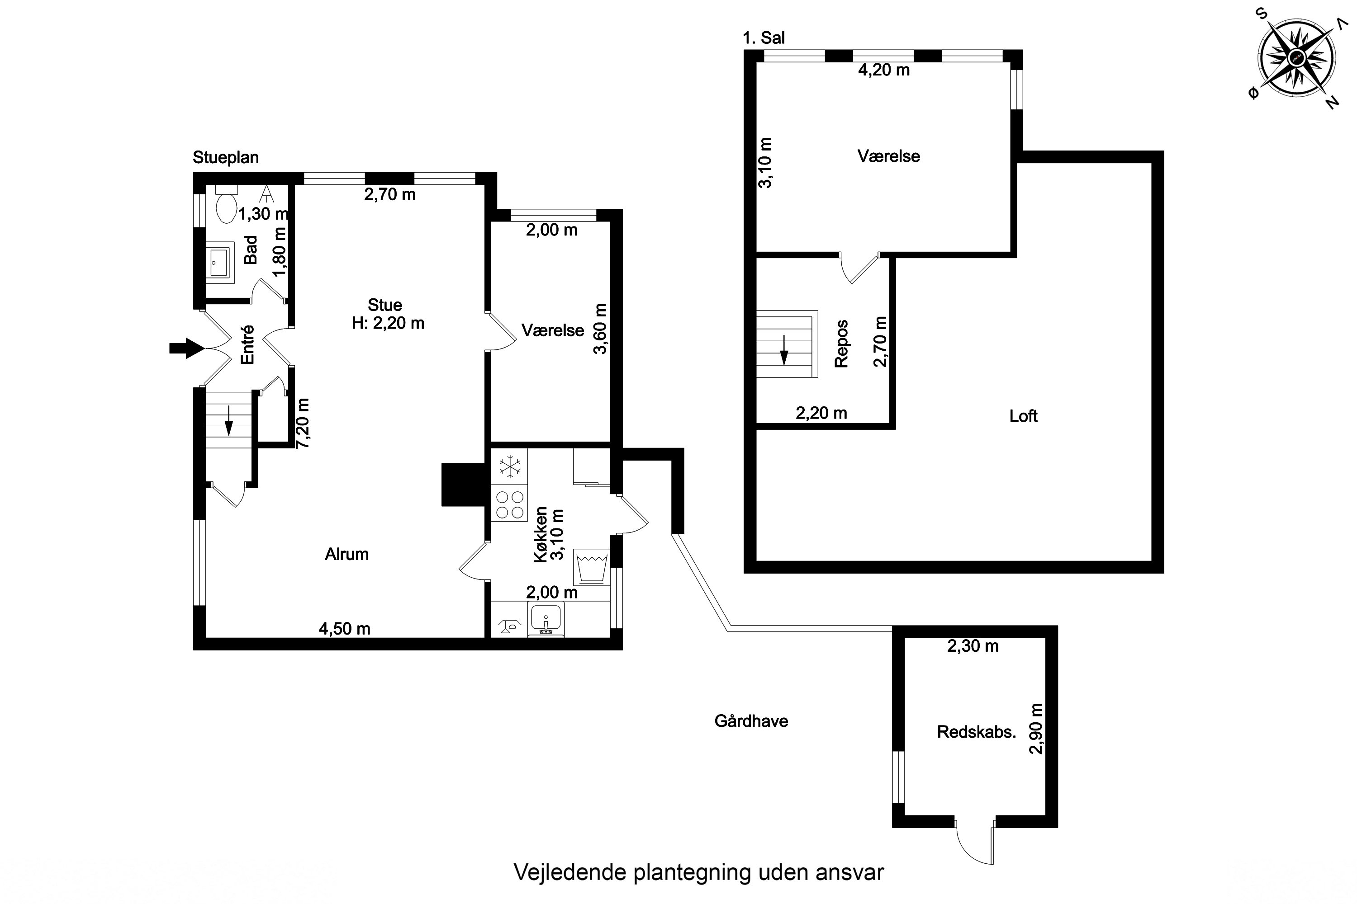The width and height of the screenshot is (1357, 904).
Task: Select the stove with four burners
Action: coord(509,505)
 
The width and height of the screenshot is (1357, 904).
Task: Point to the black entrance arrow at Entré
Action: coord(186,348)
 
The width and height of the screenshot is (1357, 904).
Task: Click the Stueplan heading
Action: coord(226,157)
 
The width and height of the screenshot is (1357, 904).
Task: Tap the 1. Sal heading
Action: coord(764,38)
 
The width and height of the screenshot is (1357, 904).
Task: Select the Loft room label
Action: coord(1024,416)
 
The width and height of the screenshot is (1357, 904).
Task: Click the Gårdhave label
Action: coord(751,720)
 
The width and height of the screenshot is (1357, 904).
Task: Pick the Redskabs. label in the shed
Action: coord(976,732)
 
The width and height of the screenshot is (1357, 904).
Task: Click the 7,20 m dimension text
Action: coord(302,423)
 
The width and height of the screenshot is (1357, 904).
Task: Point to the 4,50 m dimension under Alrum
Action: coord(344,628)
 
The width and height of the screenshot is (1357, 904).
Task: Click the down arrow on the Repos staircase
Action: coord(784,349)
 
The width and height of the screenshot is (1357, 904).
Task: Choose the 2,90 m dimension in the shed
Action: coord(1036,728)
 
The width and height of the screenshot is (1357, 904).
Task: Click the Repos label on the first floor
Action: coord(841,344)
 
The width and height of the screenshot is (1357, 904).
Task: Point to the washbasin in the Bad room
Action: coord(220,262)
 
